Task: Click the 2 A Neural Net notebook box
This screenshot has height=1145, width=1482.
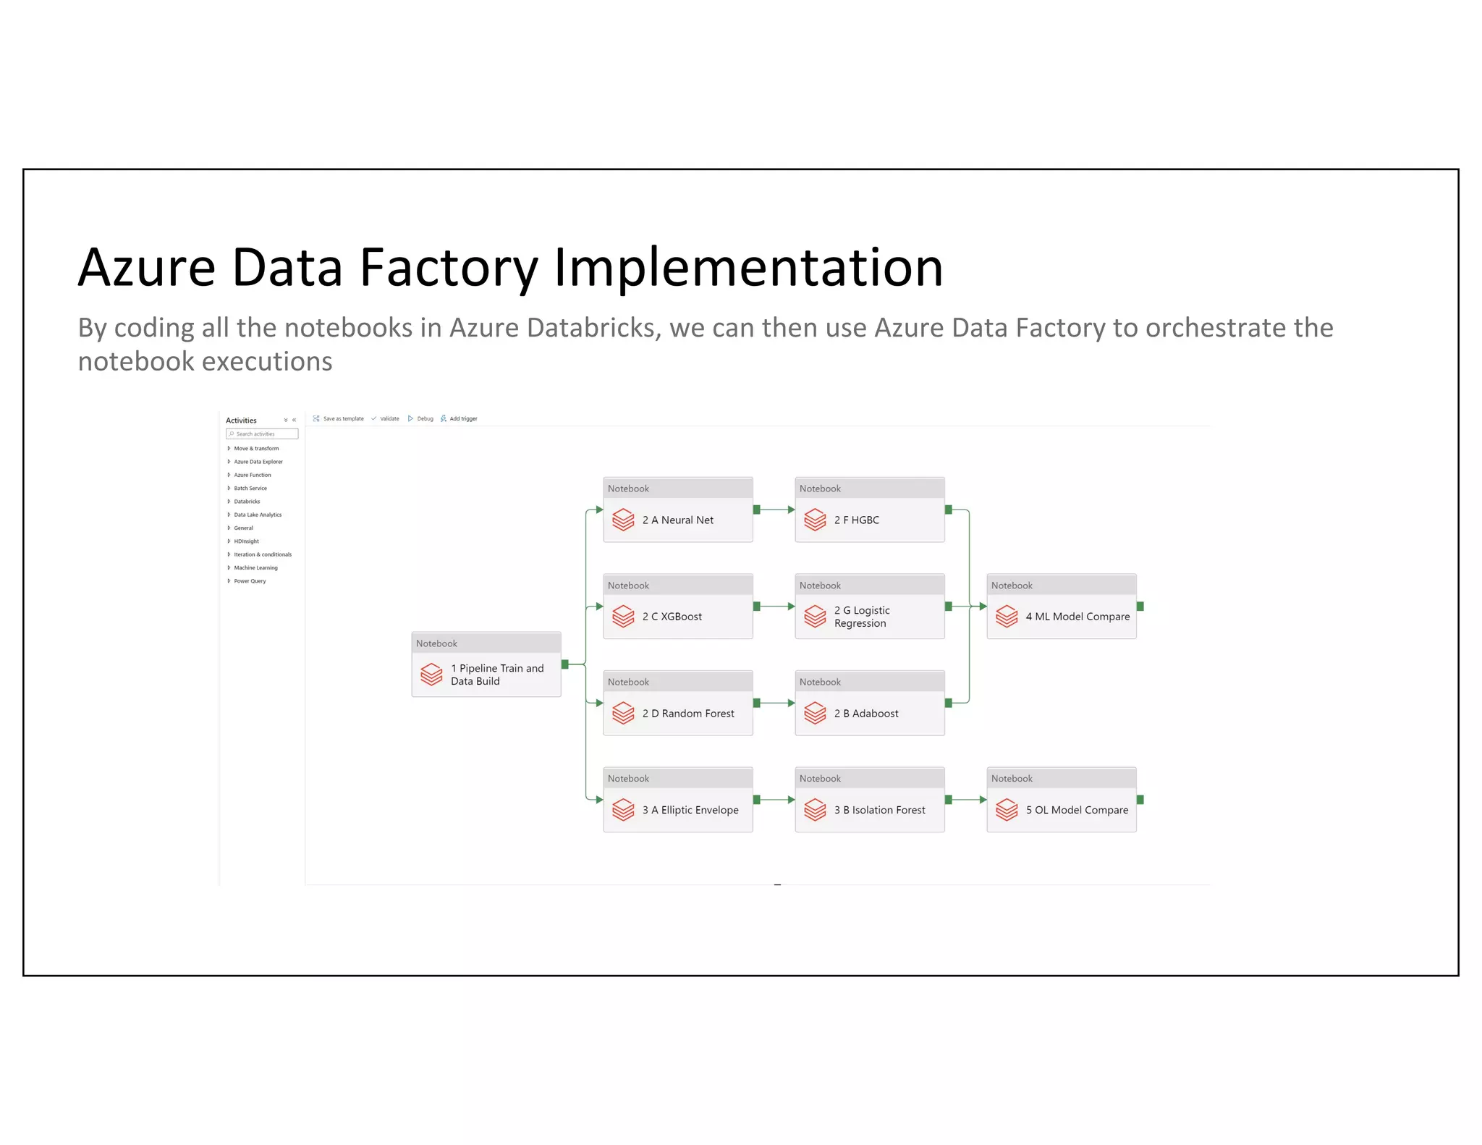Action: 677,519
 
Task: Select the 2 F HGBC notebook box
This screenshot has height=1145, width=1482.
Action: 869,519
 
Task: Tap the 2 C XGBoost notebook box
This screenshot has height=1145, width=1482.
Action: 677,616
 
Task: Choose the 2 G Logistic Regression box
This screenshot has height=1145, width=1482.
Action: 869,616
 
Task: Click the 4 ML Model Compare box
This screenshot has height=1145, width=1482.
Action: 1061,616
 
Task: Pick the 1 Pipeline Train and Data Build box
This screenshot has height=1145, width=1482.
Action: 486,674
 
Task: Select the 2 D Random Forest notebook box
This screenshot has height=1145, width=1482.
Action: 677,713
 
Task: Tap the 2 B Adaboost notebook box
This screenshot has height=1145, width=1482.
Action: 869,713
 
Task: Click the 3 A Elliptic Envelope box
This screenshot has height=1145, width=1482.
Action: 677,809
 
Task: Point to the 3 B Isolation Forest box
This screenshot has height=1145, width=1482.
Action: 869,809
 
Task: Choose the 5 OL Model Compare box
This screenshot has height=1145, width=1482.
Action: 1061,809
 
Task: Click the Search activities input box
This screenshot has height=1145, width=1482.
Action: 262,434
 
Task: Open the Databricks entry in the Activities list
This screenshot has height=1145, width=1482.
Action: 247,501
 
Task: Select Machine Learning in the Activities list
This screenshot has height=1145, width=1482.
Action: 255,567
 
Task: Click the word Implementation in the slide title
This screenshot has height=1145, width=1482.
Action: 748,268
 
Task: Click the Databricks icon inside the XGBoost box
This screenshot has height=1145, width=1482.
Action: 623,616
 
